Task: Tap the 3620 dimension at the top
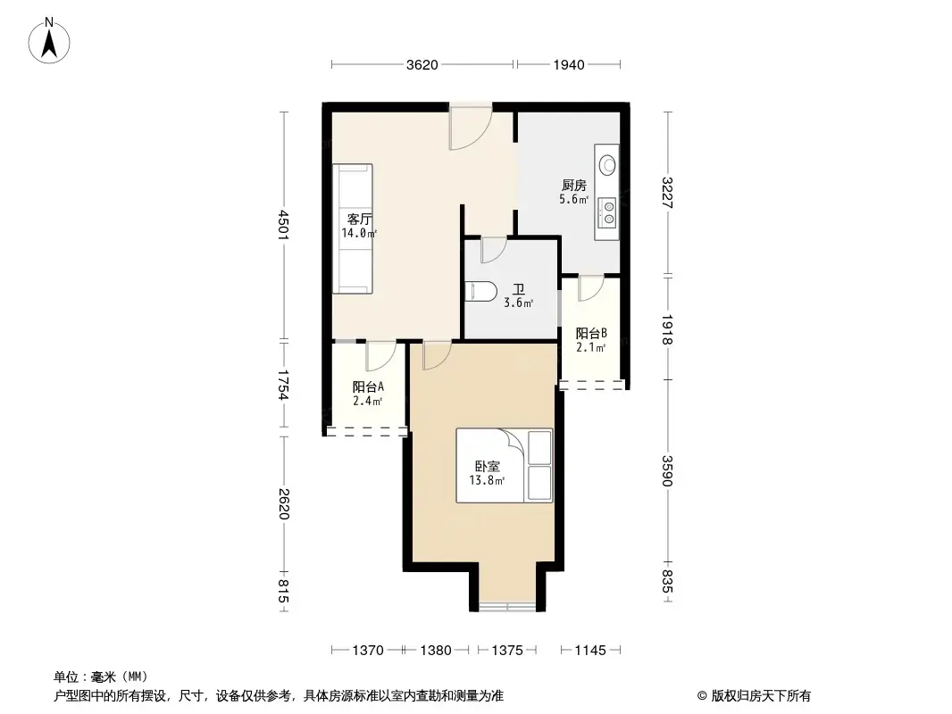[x=422, y=64]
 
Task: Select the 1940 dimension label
[x=568, y=64]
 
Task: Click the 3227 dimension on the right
[x=667, y=193]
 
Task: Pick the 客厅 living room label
[x=358, y=220]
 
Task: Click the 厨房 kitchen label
[x=573, y=186]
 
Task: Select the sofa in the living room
[x=353, y=228]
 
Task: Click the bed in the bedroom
[x=505, y=465]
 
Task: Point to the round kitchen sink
[x=608, y=165]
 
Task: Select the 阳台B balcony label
[x=590, y=334]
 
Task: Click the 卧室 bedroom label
[x=487, y=466]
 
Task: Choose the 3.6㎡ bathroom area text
[x=518, y=303]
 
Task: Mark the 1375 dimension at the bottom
[x=507, y=651]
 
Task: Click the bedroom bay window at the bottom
[x=507, y=606]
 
